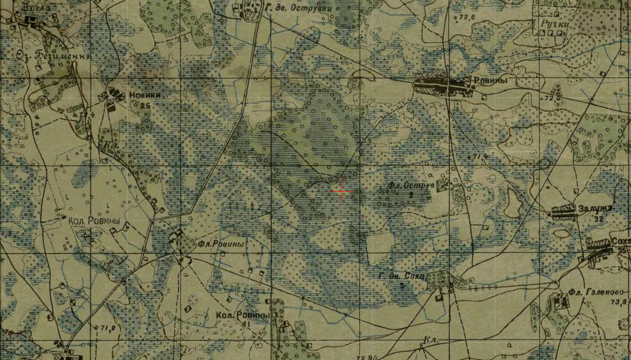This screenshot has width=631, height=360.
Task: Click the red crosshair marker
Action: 342,192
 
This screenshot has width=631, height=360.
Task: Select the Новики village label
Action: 145,95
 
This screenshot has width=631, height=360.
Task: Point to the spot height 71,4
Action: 480,156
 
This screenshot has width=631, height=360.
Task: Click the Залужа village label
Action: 595,208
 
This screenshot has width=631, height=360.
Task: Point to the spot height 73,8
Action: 619,301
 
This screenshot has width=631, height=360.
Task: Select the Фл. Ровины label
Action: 221,244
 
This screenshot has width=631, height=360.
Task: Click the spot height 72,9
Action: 364,357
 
